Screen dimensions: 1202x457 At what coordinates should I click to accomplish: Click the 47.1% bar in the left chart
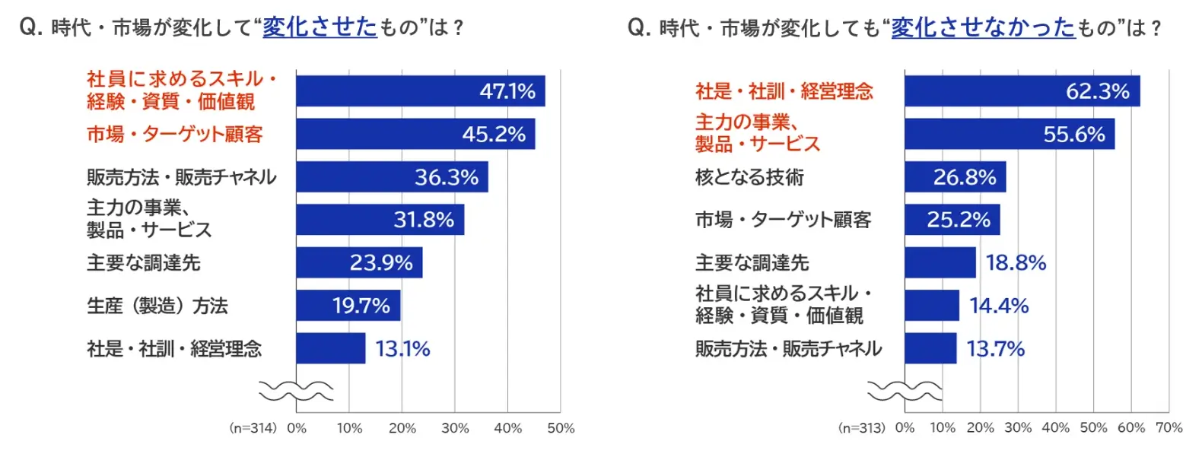[421, 90]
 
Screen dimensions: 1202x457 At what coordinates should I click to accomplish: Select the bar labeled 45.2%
[415, 134]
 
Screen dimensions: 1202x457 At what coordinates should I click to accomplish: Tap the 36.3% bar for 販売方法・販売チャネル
[393, 176]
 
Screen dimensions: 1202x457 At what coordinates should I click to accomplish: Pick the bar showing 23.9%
[359, 262]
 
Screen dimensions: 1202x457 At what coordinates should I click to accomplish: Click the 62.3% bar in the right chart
[1022, 90]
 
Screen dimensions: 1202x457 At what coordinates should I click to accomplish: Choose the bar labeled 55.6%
[1010, 134]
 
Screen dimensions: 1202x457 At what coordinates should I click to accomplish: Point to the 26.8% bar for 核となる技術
[956, 176]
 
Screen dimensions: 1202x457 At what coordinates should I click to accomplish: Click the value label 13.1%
[402, 349]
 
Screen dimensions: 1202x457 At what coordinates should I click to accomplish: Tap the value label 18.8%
[1016, 263]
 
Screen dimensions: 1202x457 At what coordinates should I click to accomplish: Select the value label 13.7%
[995, 349]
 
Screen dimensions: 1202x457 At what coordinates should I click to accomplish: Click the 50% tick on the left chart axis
[561, 428]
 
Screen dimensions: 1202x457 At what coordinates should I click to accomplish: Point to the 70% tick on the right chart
[1169, 427]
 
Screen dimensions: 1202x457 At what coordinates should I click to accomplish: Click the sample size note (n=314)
[253, 428]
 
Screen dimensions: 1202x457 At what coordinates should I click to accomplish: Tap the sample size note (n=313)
[861, 428]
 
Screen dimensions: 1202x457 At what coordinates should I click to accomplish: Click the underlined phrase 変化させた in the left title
[320, 27]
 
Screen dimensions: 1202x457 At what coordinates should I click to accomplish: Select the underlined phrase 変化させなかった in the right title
[984, 27]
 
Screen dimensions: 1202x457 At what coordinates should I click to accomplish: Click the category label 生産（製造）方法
[157, 306]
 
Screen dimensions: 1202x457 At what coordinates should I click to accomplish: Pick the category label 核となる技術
[749, 177]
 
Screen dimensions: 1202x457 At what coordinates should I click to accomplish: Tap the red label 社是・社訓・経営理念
[784, 91]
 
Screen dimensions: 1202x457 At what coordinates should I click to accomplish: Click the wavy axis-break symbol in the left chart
[296, 391]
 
